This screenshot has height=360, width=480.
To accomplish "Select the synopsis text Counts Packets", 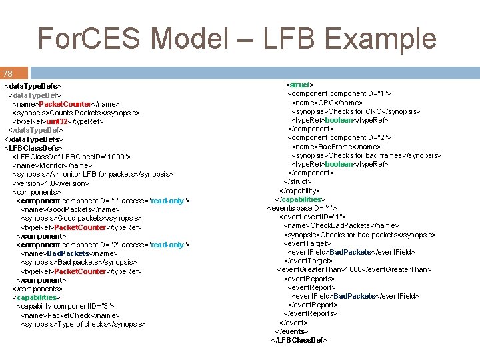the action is (x=84, y=113).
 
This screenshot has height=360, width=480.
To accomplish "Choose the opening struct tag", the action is (x=299, y=85).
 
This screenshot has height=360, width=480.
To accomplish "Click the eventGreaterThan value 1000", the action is (x=353, y=270).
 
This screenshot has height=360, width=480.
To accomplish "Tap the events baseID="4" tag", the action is (x=302, y=208).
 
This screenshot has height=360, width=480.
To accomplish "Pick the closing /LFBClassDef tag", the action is (x=299, y=340).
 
